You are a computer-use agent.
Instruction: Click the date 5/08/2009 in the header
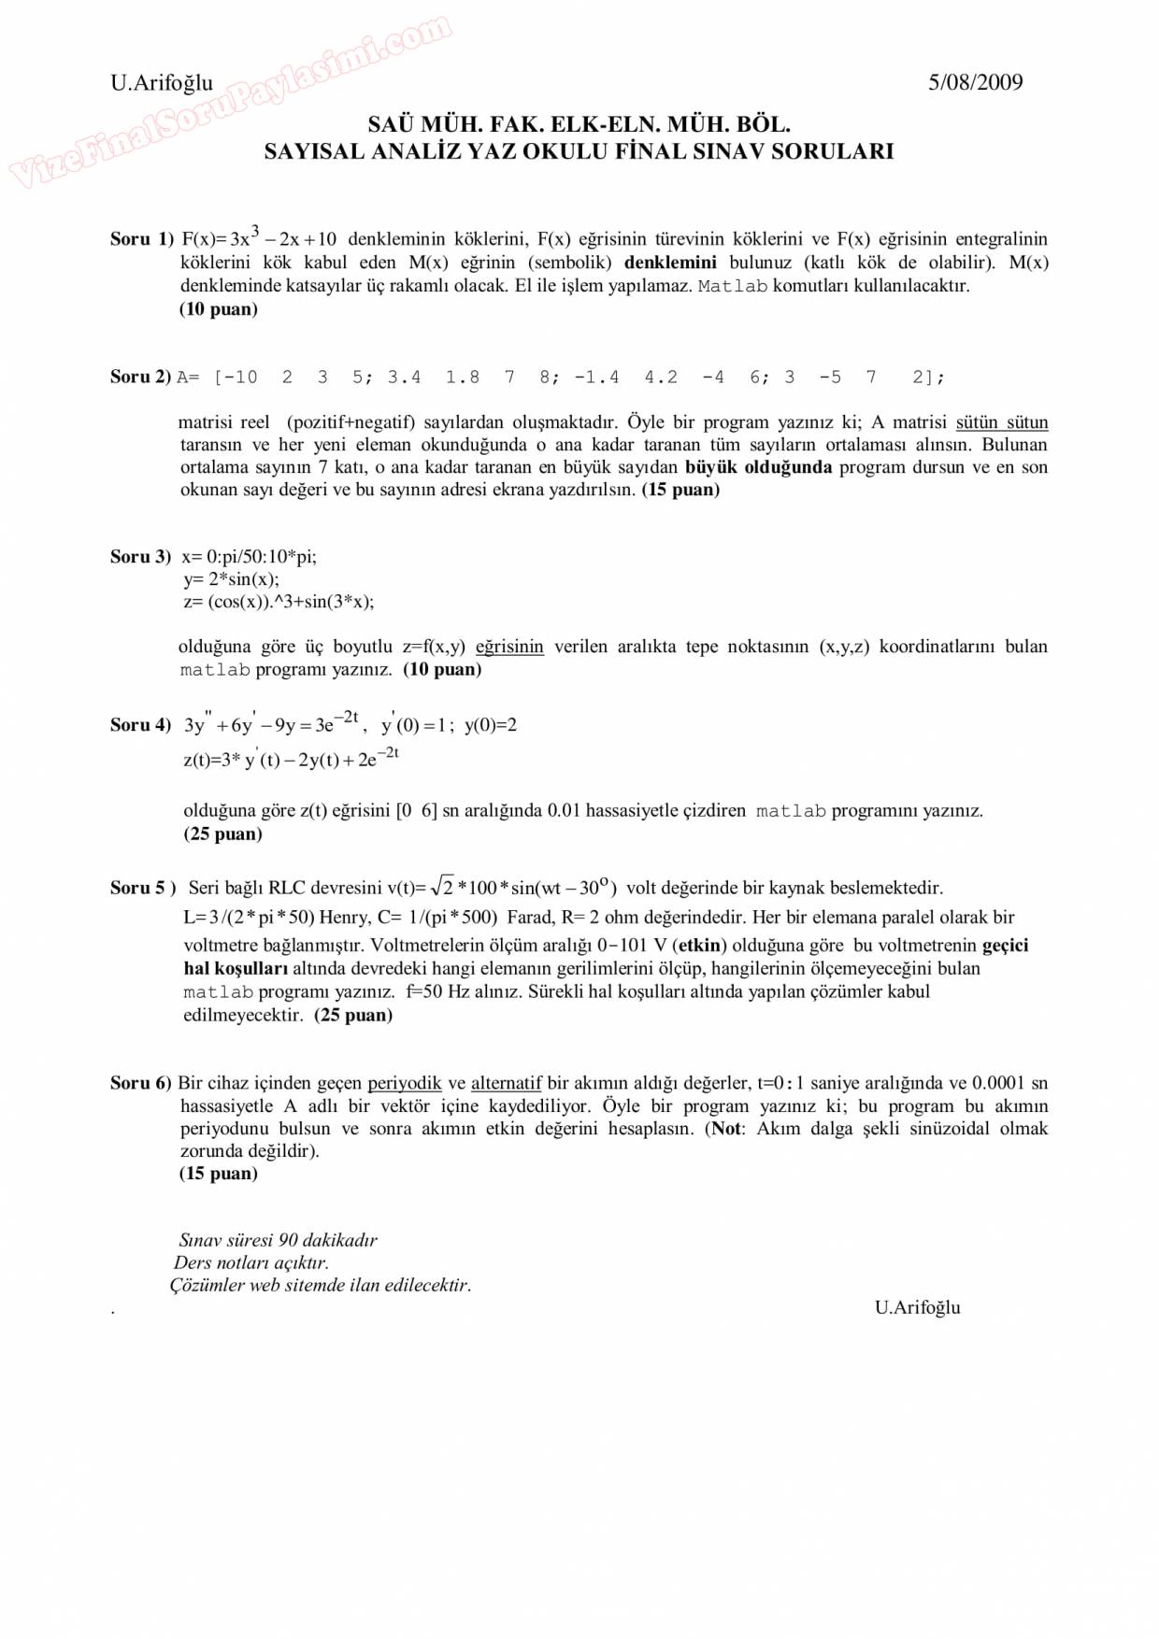click(975, 82)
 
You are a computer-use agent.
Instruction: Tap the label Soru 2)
click(141, 377)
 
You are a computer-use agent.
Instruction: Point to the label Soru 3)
click(141, 557)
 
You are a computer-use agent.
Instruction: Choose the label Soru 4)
click(141, 725)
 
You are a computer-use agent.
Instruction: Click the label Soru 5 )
click(143, 888)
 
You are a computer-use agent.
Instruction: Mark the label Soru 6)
click(141, 1083)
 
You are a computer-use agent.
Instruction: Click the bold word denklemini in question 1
click(670, 263)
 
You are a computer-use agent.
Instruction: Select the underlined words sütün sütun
click(1001, 422)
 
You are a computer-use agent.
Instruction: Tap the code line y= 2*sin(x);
click(231, 579)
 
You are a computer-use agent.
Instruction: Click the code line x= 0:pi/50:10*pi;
click(249, 557)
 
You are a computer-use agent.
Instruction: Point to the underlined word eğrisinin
click(509, 647)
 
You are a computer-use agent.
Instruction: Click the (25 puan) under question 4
click(222, 834)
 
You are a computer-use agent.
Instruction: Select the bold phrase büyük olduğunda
click(758, 467)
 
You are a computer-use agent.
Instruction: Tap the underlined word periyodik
click(404, 1083)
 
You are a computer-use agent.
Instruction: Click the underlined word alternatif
click(506, 1083)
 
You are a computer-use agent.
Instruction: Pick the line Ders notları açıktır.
click(251, 1262)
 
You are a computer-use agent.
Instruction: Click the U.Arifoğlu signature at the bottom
click(917, 1307)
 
